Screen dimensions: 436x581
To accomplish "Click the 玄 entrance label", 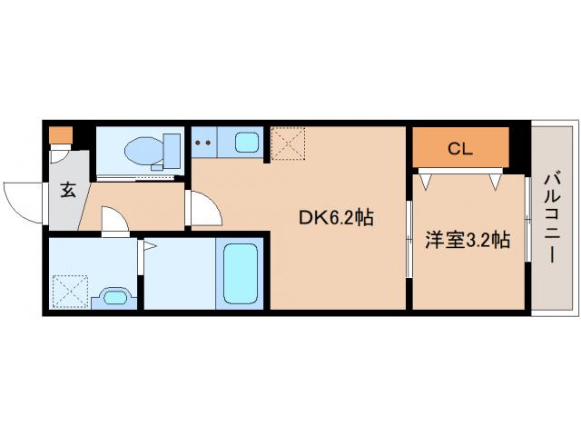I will click(68, 190).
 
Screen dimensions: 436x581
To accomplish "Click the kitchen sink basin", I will click(248, 142).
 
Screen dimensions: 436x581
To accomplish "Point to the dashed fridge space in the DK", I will click(288, 143).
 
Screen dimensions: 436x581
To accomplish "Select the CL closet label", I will click(460, 149).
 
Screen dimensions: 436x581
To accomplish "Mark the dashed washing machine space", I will click(69, 292).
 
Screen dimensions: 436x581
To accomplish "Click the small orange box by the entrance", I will click(61, 135).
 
